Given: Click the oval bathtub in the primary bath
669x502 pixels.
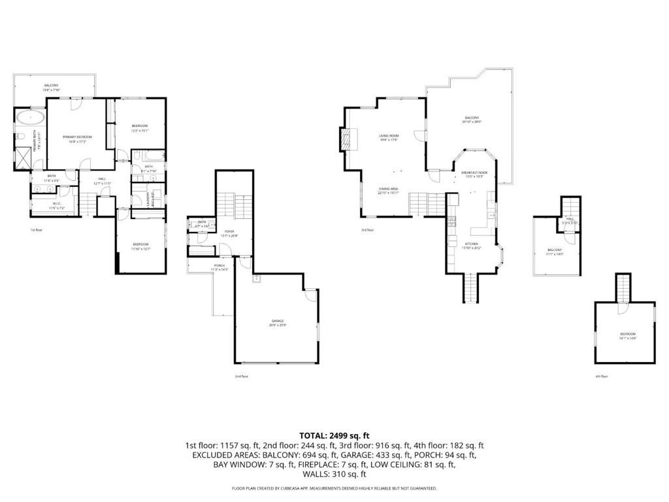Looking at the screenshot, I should point(31,118).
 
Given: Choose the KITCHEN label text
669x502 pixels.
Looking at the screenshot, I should point(472,244).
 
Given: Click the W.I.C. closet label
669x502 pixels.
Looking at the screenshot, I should point(56,205).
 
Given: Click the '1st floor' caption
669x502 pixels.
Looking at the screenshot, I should point(36,230).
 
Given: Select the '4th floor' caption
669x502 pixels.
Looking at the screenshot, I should point(602,376).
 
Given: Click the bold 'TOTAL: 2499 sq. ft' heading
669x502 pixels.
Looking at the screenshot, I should point(334,435).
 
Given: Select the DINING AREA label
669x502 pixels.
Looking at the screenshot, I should point(389,190).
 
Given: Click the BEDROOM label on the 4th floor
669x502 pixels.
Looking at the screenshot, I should point(627,335).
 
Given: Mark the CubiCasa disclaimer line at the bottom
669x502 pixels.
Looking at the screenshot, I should point(334,488).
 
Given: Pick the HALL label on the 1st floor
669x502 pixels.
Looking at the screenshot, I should point(102,180).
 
